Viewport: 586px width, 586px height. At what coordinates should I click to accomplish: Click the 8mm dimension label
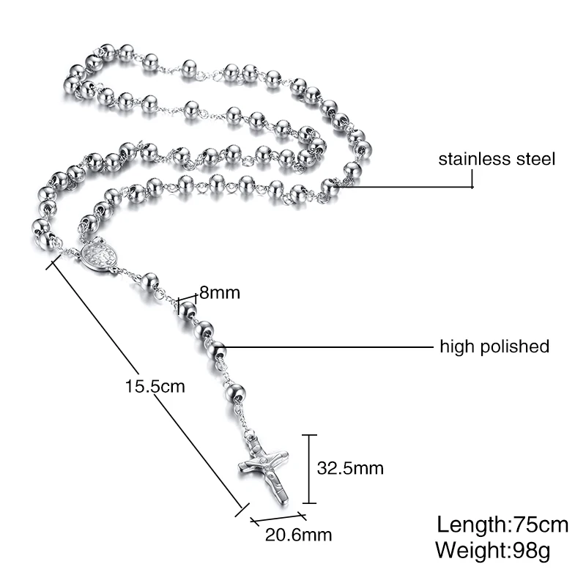(220, 292)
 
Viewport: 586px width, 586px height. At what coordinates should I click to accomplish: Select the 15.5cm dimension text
(155, 386)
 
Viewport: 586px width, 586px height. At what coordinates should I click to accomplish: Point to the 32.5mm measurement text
(350, 468)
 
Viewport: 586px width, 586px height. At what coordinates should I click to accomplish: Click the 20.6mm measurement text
(299, 535)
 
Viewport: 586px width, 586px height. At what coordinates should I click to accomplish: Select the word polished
(515, 346)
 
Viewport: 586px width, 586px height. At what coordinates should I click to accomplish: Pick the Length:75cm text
(502, 524)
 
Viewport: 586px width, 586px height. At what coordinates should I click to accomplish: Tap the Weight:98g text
(493, 550)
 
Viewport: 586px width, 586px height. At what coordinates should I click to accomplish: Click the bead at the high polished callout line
(217, 350)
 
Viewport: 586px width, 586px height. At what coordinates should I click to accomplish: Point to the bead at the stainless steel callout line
(330, 187)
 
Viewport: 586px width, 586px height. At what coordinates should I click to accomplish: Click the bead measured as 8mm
(188, 311)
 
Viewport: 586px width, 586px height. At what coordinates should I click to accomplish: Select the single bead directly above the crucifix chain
(236, 392)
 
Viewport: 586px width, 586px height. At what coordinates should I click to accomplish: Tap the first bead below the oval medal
(150, 282)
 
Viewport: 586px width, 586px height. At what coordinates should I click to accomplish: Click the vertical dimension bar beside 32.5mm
(309, 469)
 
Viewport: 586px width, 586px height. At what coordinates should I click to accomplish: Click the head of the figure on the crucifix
(264, 460)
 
